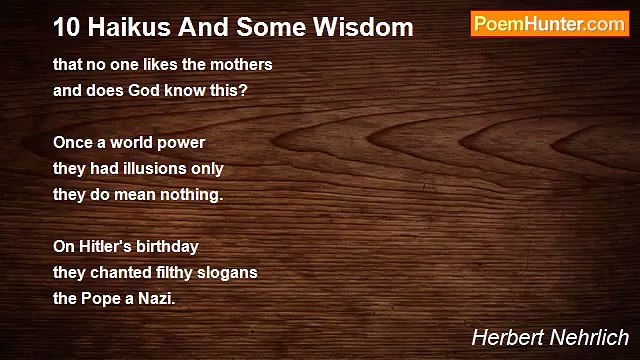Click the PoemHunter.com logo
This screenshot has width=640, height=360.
[x=549, y=24]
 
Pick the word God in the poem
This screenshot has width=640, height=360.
[x=147, y=90]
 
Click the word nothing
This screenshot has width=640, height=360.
[x=193, y=194]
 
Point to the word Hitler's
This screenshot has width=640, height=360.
[x=109, y=246]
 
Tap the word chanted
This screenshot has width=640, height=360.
[x=119, y=272]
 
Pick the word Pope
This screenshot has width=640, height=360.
[x=101, y=297]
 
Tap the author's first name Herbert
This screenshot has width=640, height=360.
[x=502, y=338]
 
